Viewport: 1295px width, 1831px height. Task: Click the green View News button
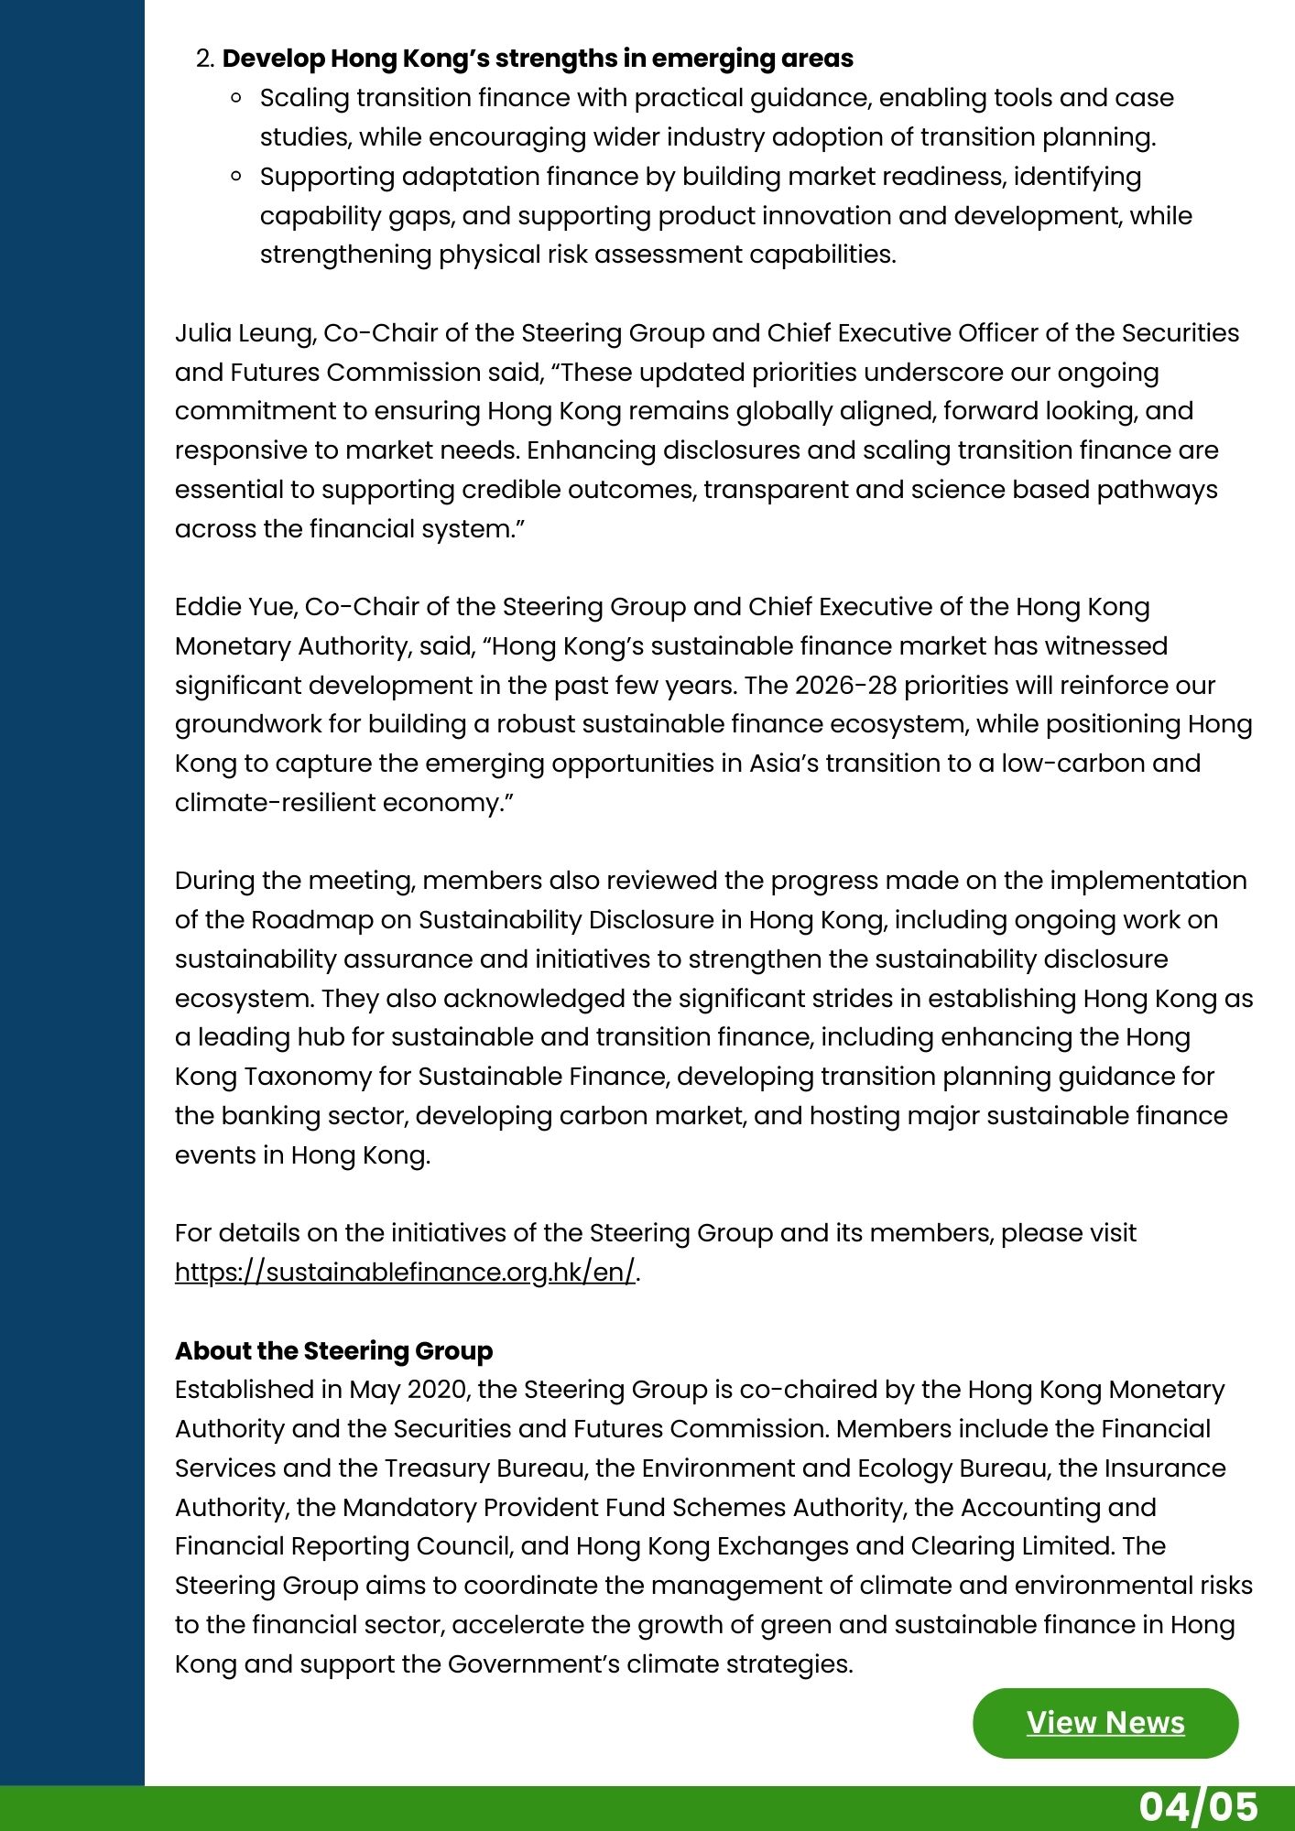[x=1105, y=1722]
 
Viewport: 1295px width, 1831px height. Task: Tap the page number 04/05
[x=1198, y=1806]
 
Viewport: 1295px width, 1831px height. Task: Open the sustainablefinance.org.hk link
[x=405, y=1273]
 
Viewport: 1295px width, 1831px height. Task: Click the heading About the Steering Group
[x=333, y=1350]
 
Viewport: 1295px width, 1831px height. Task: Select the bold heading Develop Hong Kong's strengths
[x=538, y=59]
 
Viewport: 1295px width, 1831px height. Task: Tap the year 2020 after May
[x=437, y=1390]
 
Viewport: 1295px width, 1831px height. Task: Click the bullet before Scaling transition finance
[x=237, y=97]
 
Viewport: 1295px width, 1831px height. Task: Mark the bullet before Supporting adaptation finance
[x=237, y=176]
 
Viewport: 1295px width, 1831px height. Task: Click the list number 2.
[x=205, y=60]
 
